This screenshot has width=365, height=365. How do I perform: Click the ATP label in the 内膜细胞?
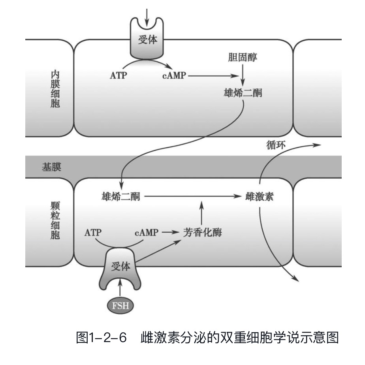(119, 75)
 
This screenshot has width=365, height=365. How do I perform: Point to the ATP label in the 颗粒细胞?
(94, 233)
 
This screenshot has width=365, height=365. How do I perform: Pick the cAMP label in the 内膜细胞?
(174, 75)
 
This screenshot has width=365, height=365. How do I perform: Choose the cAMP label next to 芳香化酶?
(147, 233)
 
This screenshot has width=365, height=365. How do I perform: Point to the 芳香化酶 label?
(203, 232)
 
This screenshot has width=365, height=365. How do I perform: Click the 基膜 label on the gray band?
(51, 167)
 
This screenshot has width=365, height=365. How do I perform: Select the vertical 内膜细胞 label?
(55, 90)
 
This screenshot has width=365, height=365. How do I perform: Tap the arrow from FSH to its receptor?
(120, 287)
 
